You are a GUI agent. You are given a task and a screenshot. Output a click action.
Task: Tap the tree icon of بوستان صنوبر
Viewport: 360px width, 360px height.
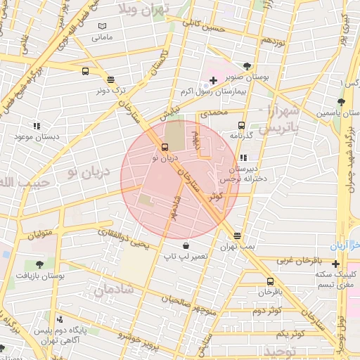click(246, 67)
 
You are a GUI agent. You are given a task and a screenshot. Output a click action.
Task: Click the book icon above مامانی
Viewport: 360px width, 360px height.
click(103, 26)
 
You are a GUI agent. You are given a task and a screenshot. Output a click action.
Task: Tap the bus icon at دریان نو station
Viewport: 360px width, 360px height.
click(165, 147)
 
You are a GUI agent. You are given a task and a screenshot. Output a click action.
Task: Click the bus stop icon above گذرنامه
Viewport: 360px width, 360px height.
click(242, 124)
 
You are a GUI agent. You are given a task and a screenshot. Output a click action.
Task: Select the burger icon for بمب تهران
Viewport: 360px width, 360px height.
click(238, 236)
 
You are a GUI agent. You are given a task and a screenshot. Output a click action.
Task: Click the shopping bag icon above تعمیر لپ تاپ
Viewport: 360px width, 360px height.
click(186, 245)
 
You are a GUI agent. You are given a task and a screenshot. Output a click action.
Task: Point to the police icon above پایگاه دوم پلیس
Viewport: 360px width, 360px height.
click(58, 319)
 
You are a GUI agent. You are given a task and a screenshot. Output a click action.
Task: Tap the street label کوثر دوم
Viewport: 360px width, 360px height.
click(266, 309)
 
